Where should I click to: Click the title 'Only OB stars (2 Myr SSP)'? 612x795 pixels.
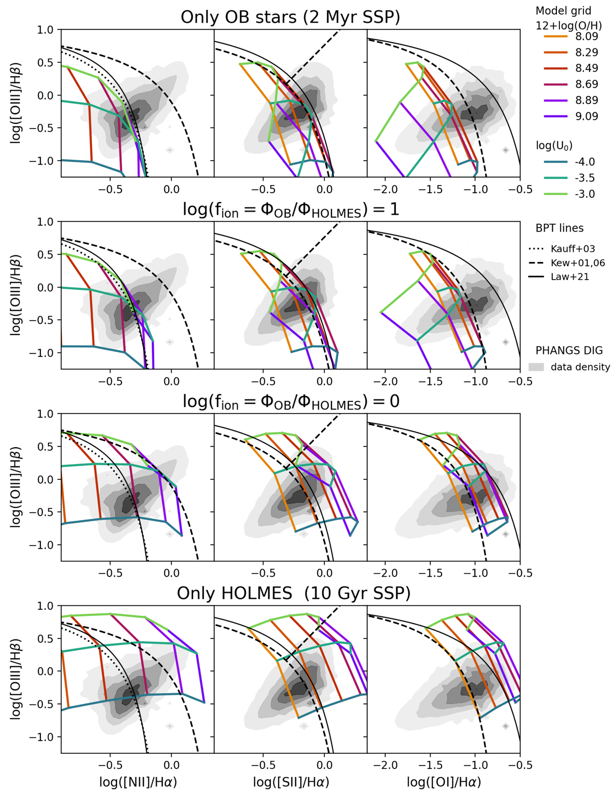[x=290, y=17]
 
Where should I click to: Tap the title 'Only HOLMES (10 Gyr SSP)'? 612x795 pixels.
[x=293, y=593]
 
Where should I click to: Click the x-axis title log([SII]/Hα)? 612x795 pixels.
[x=291, y=782]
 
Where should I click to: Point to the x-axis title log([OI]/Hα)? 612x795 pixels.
[x=444, y=782]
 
